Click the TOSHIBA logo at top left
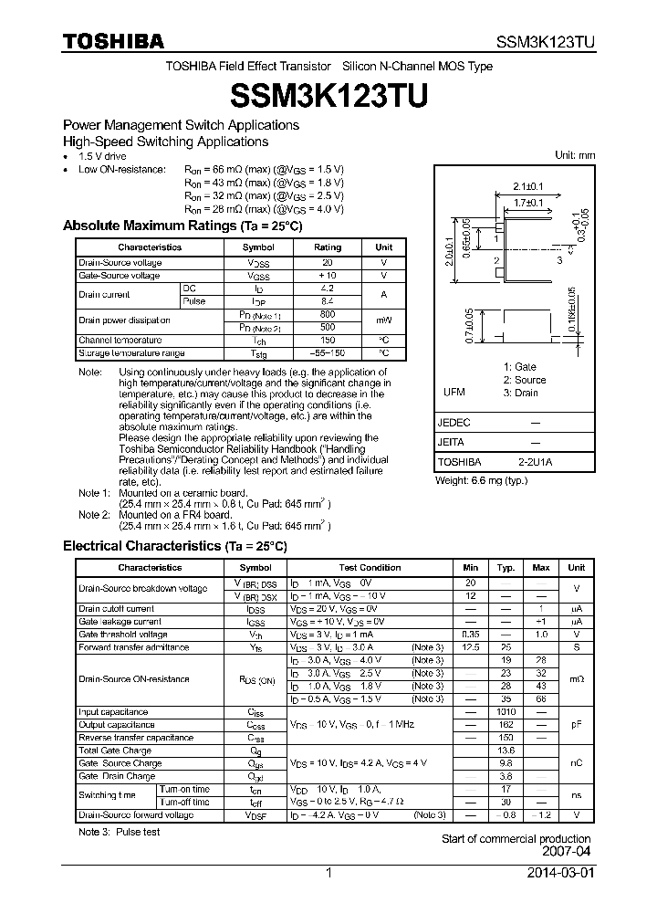tap(113, 41)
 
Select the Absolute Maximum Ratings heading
tap(182, 226)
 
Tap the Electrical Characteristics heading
tap(174, 546)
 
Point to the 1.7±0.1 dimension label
tap(527, 203)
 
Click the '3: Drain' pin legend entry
tap(521, 393)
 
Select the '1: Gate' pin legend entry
tap(519, 367)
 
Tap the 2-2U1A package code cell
tap(535, 462)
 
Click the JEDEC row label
tap(454, 423)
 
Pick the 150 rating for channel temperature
tap(328, 340)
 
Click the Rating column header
tap(328, 247)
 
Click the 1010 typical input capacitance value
tap(505, 711)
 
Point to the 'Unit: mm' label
tap(575, 155)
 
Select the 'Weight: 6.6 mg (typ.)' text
tap(481, 479)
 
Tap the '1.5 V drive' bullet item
tap(103, 156)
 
